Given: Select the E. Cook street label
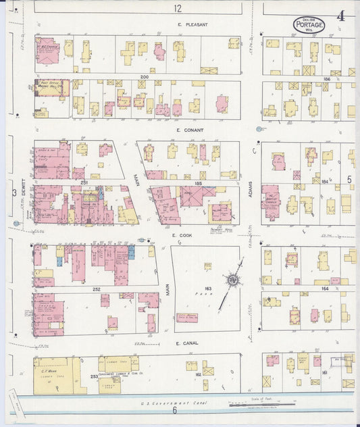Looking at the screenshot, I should (183, 235).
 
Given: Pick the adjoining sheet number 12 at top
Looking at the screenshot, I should (177, 8).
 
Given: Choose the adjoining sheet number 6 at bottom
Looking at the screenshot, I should (174, 410).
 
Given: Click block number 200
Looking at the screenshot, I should (144, 77).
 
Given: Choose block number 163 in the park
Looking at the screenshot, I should (199, 288).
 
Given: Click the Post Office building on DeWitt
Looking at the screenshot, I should (51, 88).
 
